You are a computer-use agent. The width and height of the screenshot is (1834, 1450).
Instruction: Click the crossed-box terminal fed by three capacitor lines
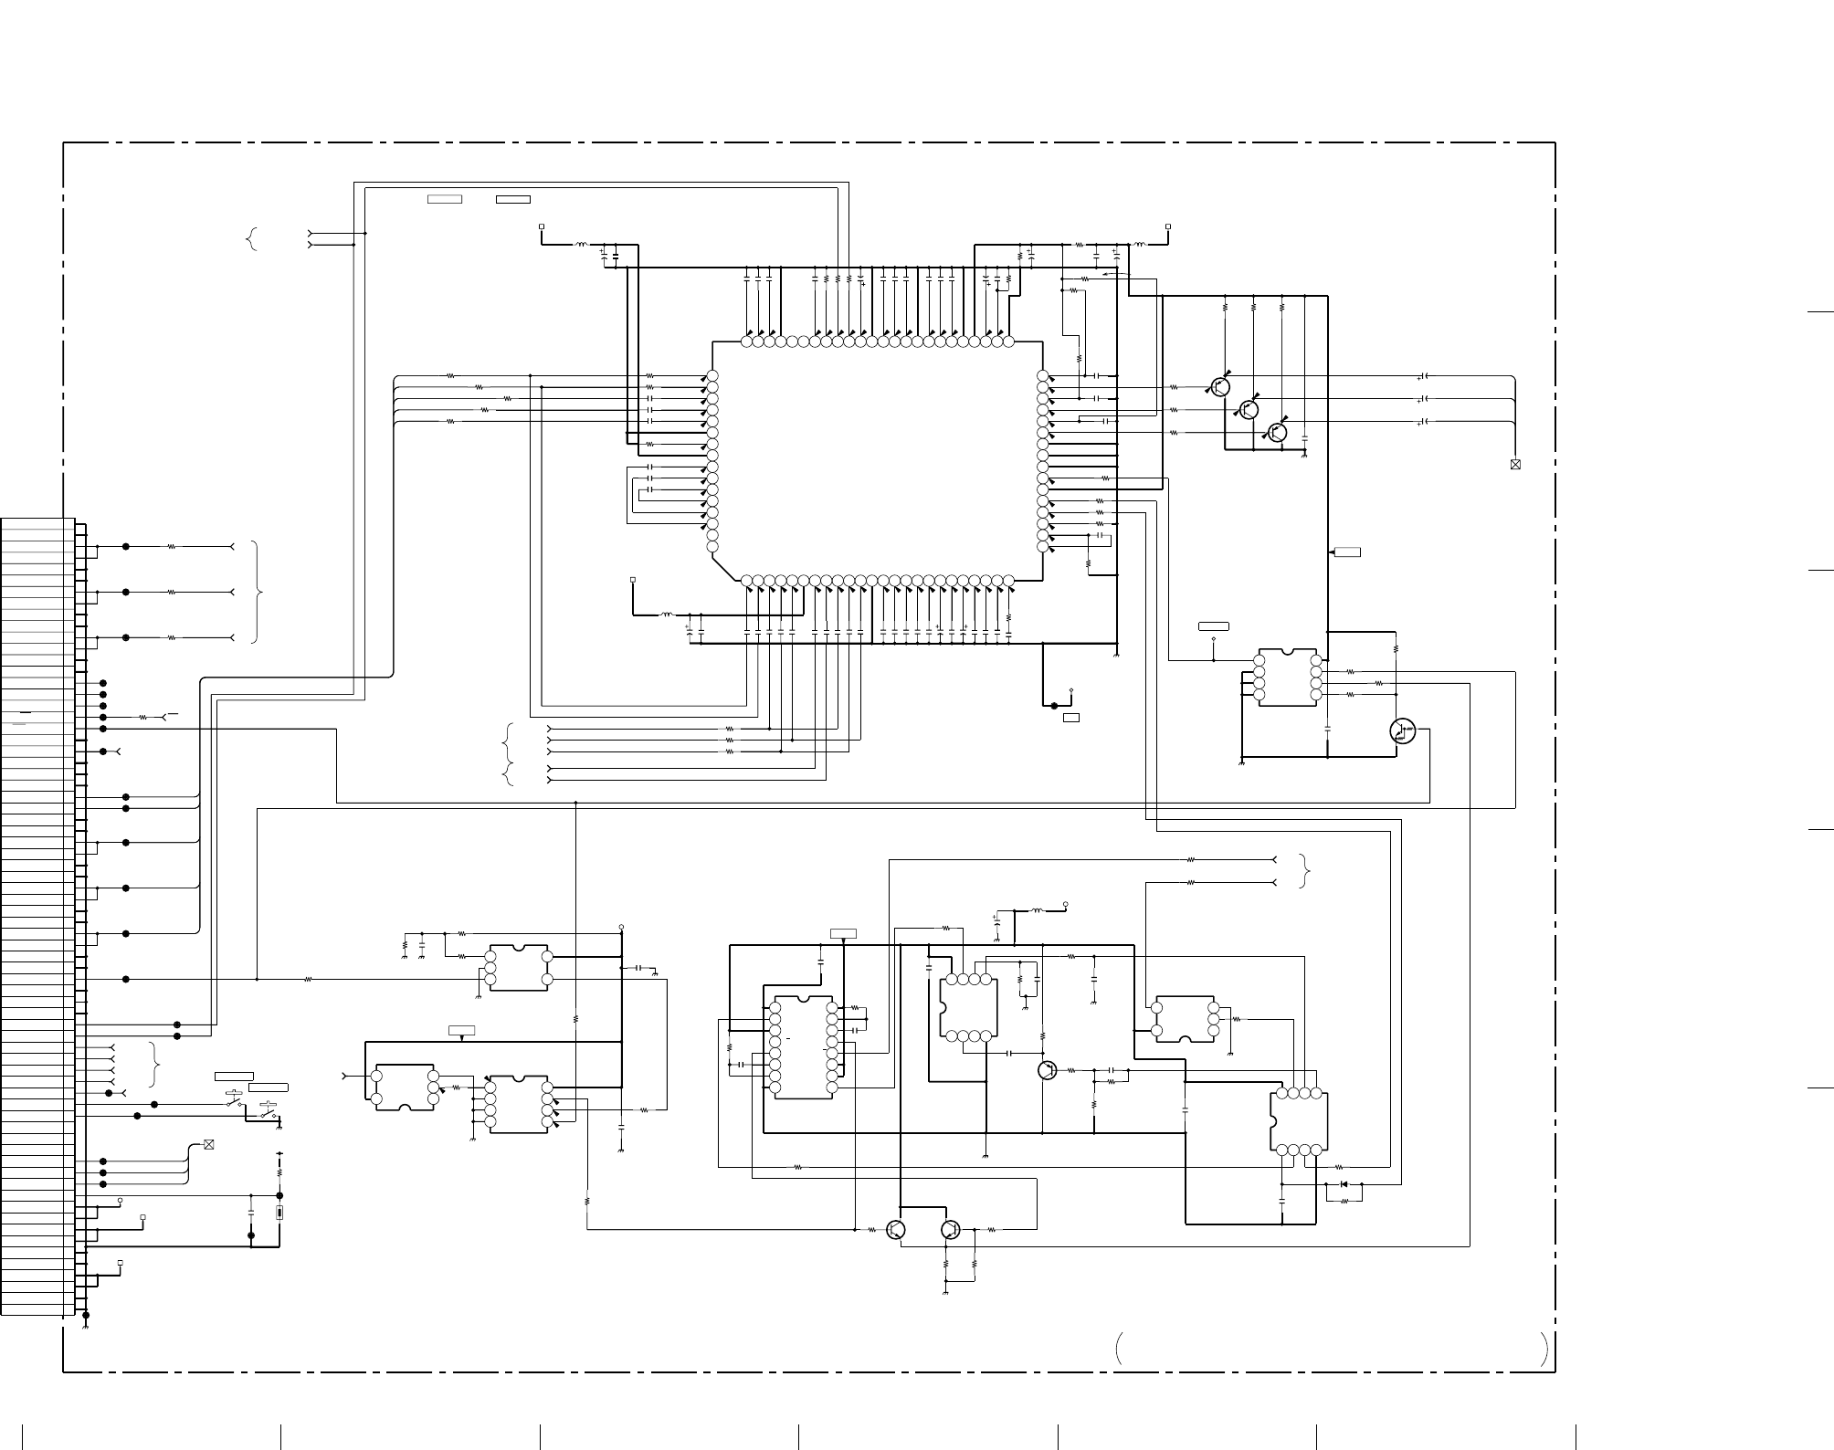(x=1515, y=465)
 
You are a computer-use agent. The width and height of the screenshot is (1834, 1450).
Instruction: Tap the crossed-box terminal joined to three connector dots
(x=209, y=1144)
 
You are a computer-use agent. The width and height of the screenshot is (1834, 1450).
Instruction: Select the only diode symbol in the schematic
(x=1344, y=1184)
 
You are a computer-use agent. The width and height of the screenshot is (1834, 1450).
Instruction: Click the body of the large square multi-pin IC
(x=877, y=461)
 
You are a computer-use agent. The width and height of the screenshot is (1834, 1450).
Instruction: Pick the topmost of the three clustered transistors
(x=1220, y=386)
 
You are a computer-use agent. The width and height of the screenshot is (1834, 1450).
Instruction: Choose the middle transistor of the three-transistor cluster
(x=1249, y=409)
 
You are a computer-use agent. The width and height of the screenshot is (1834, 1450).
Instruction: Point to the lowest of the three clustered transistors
(x=1277, y=432)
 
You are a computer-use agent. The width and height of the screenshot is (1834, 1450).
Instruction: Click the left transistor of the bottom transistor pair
(x=896, y=1230)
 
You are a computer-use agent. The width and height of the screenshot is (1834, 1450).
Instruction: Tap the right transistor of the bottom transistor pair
(x=951, y=1230)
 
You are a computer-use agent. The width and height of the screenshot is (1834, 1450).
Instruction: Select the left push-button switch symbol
(x=236, y=1101)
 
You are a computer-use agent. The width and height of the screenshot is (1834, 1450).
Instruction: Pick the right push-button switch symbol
(x=269, y=1113)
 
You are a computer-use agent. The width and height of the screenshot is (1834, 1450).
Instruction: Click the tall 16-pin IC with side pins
(x=803, y=1047)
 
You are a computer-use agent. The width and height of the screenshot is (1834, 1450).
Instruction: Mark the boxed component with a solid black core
(x=279, y=1213)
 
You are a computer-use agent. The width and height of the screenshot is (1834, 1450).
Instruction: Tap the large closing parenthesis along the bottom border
(x=1544, y=1350)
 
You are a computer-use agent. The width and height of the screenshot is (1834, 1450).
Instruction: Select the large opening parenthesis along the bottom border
(x=1118, y=1350)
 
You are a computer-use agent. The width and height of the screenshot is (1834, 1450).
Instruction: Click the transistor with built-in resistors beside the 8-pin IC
(x=1402, y=730)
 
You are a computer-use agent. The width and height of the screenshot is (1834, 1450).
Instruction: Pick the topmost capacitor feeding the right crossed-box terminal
(x=1424, y=376)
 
